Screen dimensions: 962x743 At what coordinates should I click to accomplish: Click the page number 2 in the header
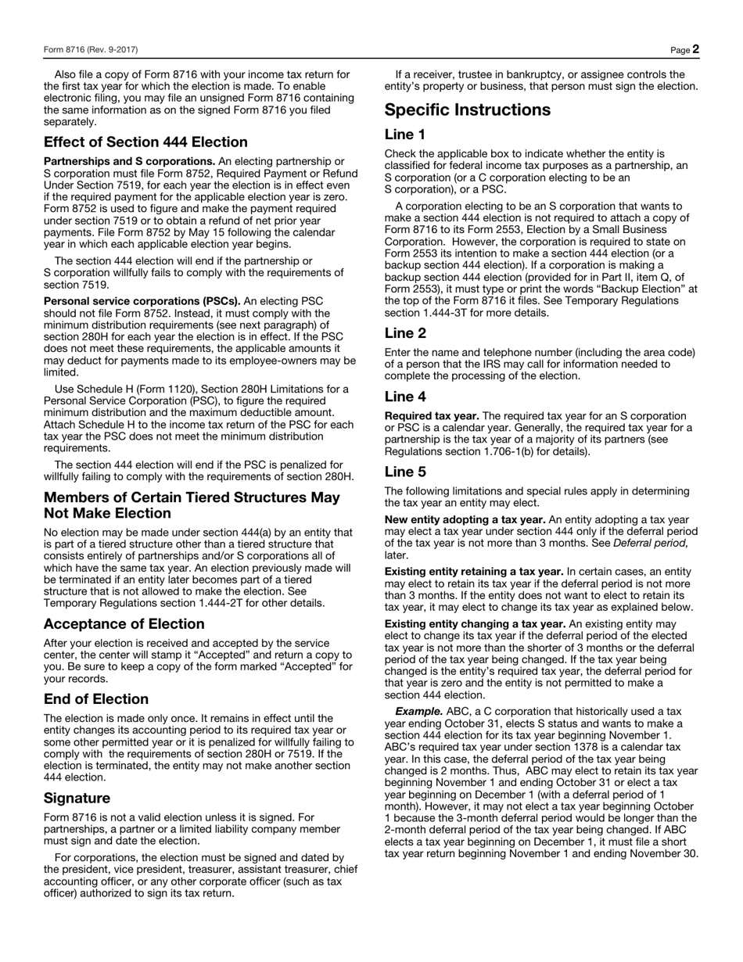pyautogui.click(x=695, y=49)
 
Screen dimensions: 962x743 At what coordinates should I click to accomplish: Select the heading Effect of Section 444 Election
pyautogui.click(x=145, y=142)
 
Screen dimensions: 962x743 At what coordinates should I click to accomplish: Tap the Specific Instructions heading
pyautogui.click(x=468, y=109)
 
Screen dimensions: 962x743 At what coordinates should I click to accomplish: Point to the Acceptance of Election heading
pyautogui.click(x=124, y=624)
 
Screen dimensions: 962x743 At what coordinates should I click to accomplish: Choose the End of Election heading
pyautogui.click(x=96, y=699)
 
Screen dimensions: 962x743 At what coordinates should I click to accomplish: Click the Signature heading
pyautogui.click(x=77, y=799)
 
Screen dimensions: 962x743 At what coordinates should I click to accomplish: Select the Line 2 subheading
pyautogui.click(x=405, y=333)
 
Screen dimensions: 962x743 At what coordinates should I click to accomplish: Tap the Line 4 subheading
pyautogui.click(x=405, y=397)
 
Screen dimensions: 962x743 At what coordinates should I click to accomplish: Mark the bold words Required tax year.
pyautogui.click(x=432, y=416)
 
